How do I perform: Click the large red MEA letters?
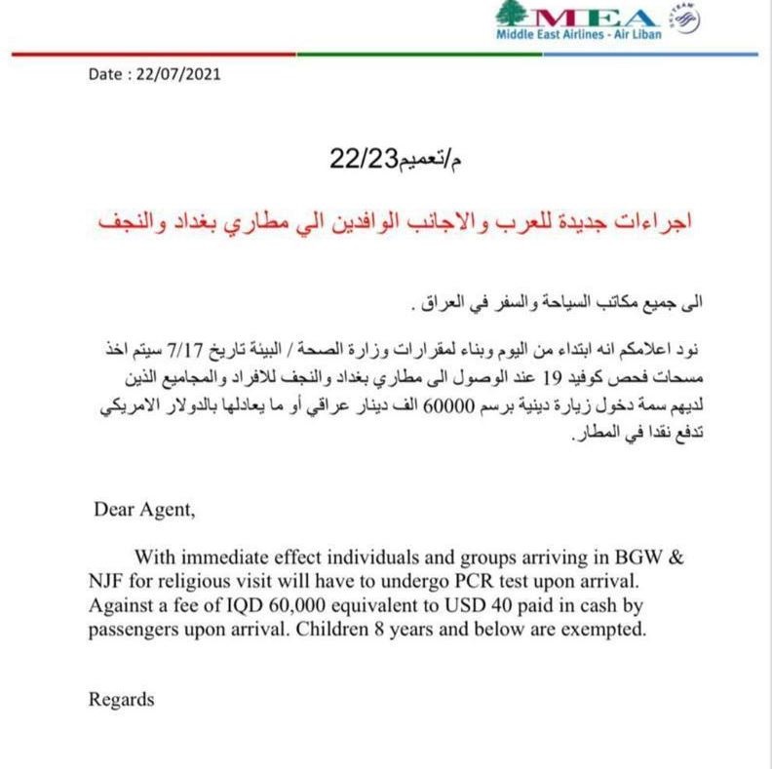[x=594, y=18]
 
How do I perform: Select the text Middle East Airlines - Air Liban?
[x=579, y=35]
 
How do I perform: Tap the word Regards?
[x=122, y=699]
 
